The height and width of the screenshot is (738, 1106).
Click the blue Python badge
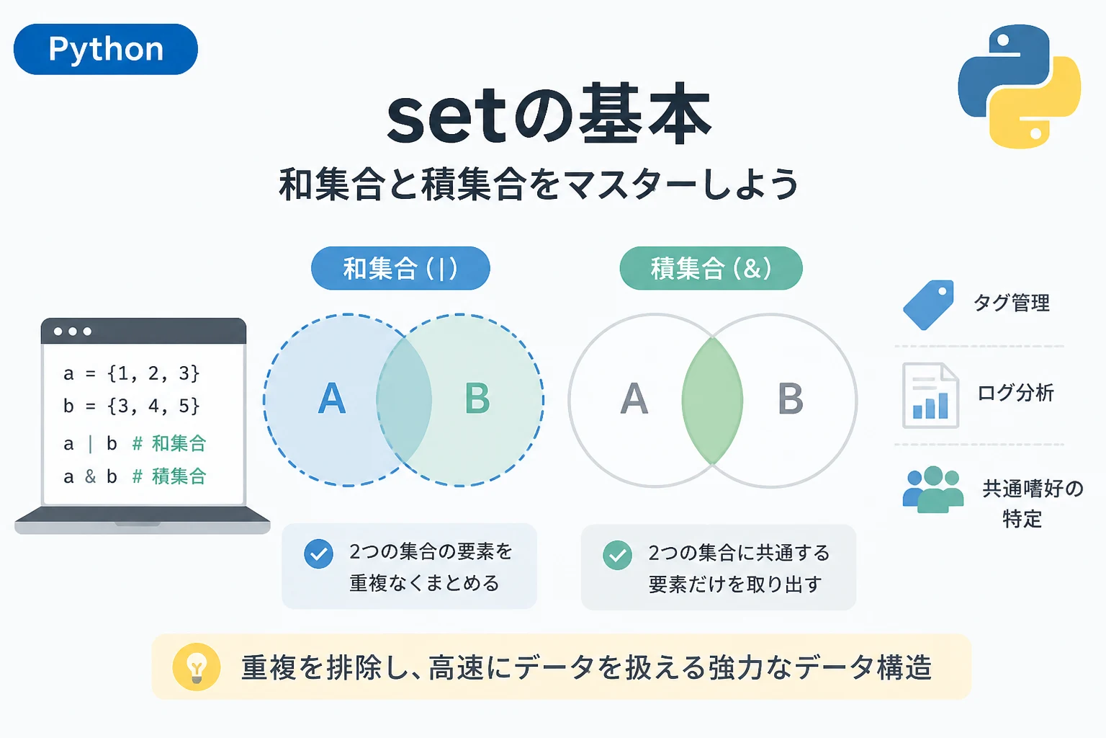106,50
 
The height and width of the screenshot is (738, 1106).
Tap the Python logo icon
1019,86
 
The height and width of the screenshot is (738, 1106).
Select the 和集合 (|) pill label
400,268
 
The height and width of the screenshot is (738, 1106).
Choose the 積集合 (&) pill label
711,268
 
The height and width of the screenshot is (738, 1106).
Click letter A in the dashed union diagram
331,399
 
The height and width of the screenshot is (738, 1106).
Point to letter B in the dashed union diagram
477,399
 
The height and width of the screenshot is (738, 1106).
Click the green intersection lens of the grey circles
712,401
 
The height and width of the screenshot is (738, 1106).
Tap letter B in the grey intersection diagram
791,399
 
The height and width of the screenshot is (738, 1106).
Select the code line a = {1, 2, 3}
131,374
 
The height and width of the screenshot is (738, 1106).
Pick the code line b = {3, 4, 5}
131,406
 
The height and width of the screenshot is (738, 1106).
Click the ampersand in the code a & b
90,476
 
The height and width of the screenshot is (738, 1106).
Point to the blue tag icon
928,305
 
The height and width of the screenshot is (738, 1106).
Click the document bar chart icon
931,396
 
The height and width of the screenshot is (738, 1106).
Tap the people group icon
932,489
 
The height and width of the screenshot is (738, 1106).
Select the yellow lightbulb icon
197,667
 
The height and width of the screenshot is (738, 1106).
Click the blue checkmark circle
318,553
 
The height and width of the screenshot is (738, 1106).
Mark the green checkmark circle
617,555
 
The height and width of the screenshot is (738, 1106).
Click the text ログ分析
1016,394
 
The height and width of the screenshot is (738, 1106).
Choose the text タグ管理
1011,303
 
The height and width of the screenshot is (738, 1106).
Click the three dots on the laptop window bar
73,332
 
